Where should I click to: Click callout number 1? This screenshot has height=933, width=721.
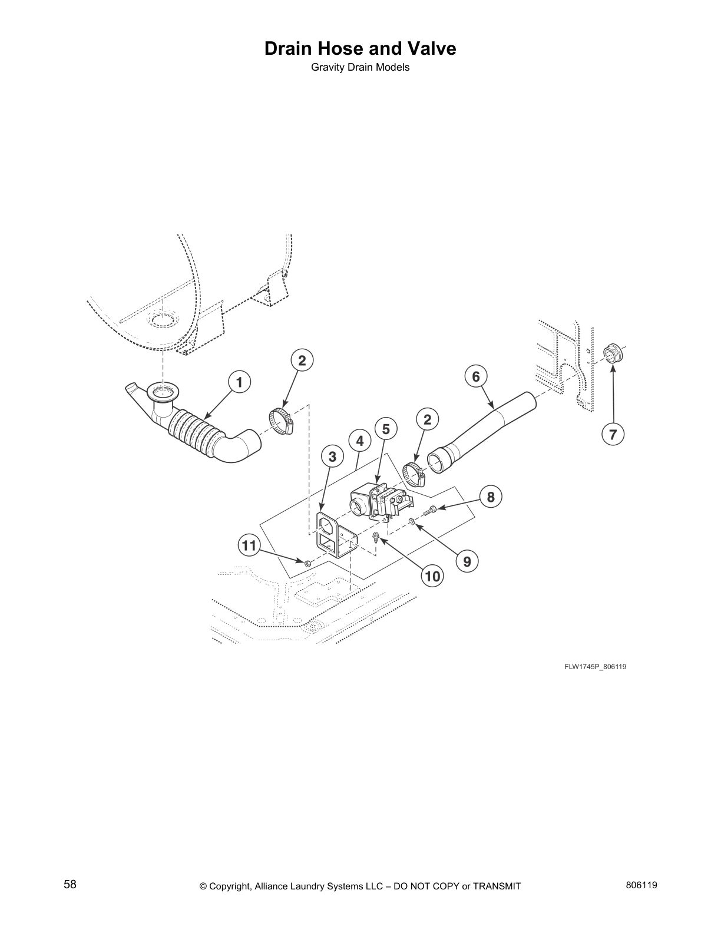(x=239, y=382)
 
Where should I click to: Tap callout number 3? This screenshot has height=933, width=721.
(x=332, y=456)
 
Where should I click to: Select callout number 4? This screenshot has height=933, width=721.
(x=359, y=441)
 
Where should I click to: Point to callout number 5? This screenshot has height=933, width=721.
(x=386, y=429)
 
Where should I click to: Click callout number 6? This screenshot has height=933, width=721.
(x=476, y=376)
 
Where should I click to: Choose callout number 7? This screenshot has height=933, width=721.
(x=613, y=435)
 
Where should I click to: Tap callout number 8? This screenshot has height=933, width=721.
(x=491, y=497)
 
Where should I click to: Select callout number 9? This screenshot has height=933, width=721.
(x=467, y=561)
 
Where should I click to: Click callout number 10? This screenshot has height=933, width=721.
(x=432, y=576)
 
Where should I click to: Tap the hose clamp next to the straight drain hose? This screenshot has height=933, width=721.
(x=414, y=474)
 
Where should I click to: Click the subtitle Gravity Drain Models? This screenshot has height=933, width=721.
(x=360, y=67)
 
